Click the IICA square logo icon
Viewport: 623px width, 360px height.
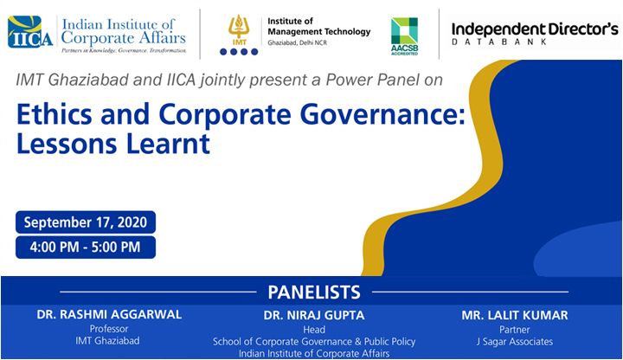coord(29,32)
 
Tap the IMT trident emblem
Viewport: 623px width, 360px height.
coord(239,27)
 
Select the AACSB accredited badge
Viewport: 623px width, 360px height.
coord(404,36)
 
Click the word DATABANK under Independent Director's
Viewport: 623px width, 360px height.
coord(500,42)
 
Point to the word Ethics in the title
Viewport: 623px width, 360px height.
coord(54,114)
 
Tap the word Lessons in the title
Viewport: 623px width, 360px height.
coord(67,144)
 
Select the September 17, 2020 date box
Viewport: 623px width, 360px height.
coord(86,222)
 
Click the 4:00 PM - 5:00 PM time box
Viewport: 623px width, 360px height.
coord(86,247)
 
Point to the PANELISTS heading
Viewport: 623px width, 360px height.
coord(314,292)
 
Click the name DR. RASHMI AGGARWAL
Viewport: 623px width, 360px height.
coord(109,314)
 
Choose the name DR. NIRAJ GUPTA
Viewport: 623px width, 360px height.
coord(314,315)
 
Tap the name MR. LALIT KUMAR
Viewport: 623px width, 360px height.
coord(515,315)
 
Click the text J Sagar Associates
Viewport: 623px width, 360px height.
coord(515,342)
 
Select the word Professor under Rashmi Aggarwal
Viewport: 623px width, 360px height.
coord(109,329)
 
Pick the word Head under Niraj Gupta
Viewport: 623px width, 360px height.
coord(314,330)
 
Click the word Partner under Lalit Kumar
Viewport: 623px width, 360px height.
coord(515,330)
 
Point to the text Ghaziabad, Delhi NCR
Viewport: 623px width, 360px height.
coord(297,42)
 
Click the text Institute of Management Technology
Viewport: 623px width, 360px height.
coord(318,26)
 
